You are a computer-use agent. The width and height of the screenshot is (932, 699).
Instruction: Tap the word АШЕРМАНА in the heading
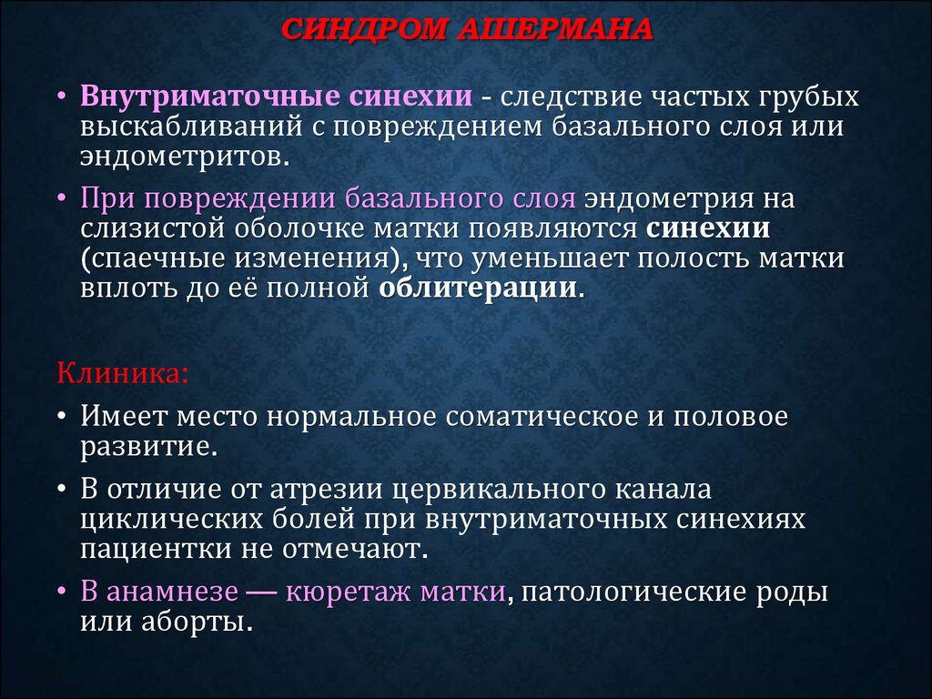click(x=556, y=29)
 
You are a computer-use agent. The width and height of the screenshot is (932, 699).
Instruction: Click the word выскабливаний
click(x=192, y=127)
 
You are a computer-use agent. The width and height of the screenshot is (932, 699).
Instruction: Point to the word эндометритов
click(x=185, y=157)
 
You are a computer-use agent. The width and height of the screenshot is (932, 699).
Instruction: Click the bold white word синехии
click(x=708, y=228)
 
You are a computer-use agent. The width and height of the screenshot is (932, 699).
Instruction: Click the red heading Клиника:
click(x=123, y=374)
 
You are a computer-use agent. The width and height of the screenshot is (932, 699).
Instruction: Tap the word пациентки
click(x=157, y=549)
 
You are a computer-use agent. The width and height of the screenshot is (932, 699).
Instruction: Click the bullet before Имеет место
click(x=62, y=416)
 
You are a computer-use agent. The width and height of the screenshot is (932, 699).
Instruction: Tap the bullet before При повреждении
click(x=62, y=198)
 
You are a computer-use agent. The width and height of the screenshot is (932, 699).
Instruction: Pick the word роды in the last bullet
click(x=793, y=593)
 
